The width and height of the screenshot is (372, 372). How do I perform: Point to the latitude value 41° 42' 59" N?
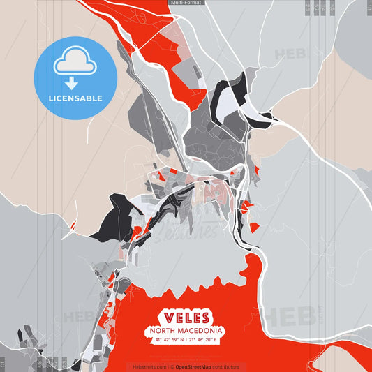pos(168,340)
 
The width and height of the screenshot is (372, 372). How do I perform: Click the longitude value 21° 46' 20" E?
pos(204,340)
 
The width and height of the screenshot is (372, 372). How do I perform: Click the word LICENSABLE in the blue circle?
pos(75,98)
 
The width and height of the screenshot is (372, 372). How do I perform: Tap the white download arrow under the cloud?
pos(72,83)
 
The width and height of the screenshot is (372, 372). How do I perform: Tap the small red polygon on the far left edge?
pos(73,224)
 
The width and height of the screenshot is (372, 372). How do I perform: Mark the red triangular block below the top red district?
pos(195,96)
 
